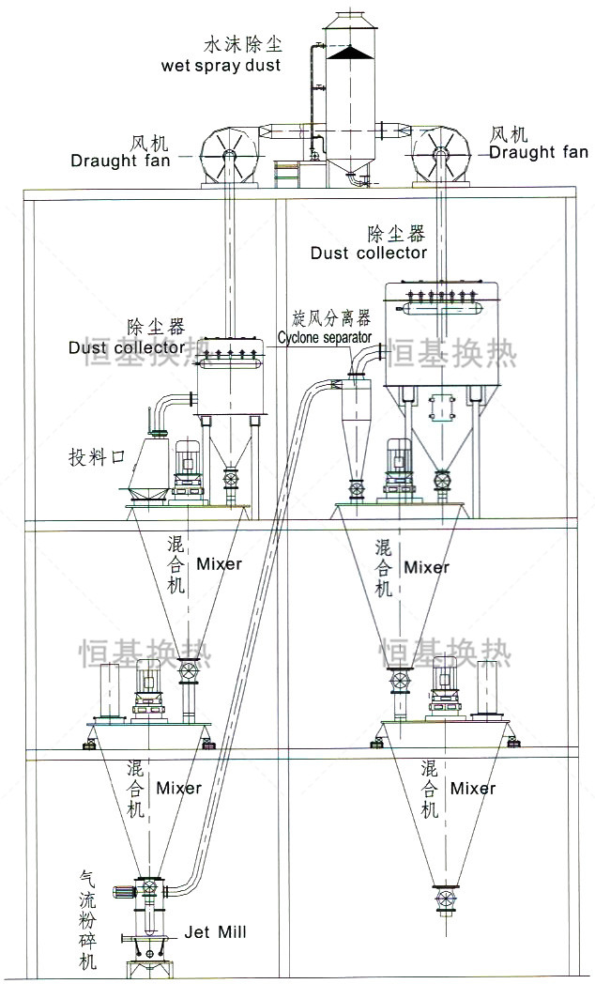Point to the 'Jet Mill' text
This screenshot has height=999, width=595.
click(215, 932)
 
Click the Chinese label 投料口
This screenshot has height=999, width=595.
click(96, 457)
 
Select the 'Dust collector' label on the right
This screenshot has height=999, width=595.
click(369, 253)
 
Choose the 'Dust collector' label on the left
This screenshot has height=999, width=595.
click(127, 347)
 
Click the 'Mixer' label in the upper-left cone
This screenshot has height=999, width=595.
click(219, 564)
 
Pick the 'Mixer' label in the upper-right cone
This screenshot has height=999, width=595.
click(426, 567)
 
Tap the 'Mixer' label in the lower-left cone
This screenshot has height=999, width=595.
click(179, 787)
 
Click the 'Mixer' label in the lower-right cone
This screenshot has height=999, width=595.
click(473, 788)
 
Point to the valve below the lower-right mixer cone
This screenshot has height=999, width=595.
click(443, 896)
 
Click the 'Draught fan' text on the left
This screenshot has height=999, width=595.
click(120, 161)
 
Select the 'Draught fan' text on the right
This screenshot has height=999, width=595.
click(539, 152)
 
